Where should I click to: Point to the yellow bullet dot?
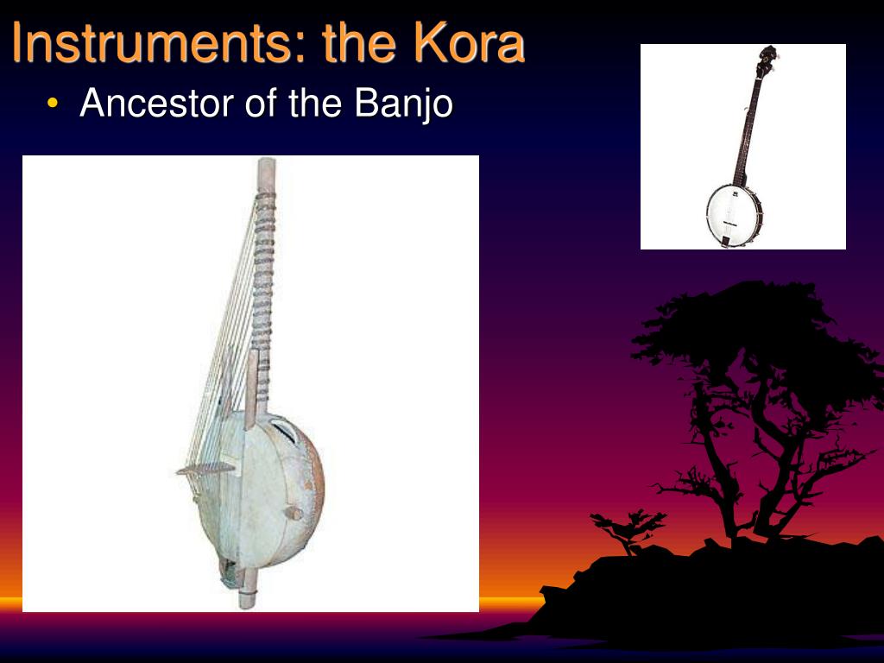click(54, 104)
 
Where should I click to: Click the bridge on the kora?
click(205, 469)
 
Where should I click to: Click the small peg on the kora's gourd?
click(293, 513)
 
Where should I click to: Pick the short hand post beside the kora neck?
click(250, 388)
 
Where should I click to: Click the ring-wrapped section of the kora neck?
click(262, 259)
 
